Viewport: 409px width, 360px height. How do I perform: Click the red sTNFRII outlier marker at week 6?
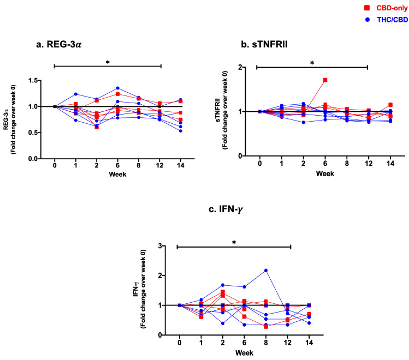tap(325, 80)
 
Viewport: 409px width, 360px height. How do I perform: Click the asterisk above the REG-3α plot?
tap(108, 63)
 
